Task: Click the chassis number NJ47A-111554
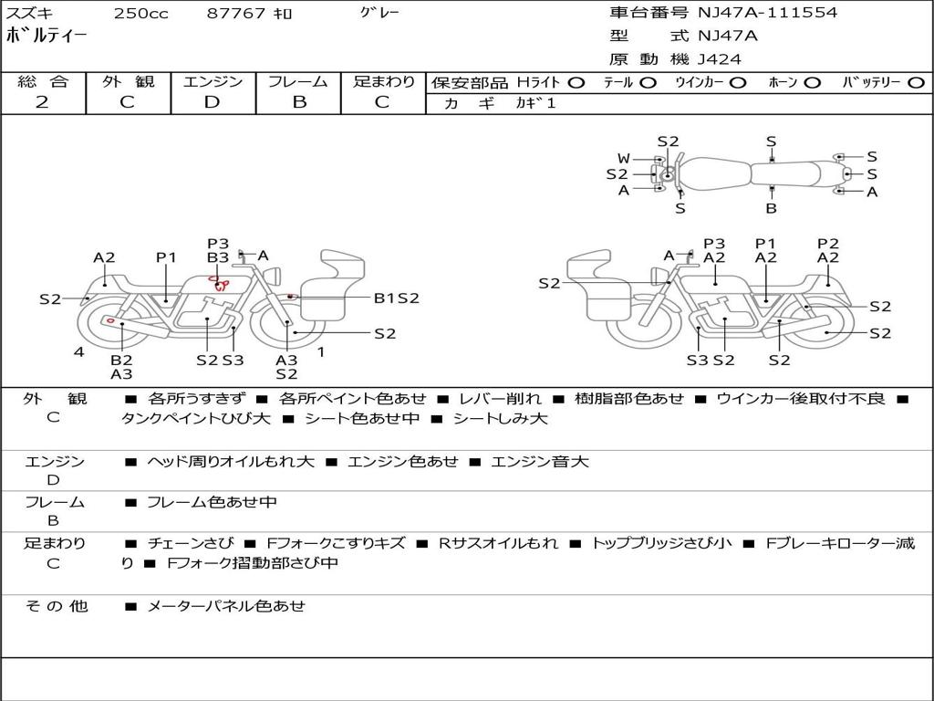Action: point(767,13)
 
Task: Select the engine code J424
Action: point(720,59)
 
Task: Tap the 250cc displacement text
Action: point(141,14)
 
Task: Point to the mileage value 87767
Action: point(236,14)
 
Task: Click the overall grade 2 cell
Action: point(42,102)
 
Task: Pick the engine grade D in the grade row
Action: point(213,102)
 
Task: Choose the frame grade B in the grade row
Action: point(298,102)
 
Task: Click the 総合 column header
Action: point(42,82)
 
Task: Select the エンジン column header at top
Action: point(213,82)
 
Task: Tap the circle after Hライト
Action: point(576,83)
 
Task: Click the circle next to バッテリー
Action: point(916,83)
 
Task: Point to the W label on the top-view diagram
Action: point(624,159)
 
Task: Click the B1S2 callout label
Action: point(397,298)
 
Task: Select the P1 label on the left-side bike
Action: point(165,257)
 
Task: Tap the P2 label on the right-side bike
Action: point(827,243)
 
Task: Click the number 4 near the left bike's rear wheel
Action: point(79,351)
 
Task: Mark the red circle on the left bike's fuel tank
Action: point(214,278)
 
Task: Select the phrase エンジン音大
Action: point(540,462)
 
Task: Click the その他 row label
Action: point(56,606)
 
